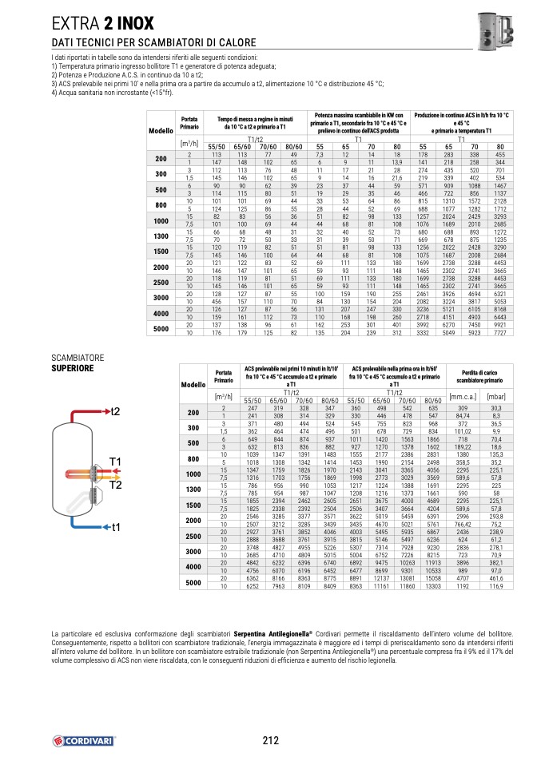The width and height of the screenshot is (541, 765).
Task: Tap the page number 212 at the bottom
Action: pyautogui.click(x=270, y=739)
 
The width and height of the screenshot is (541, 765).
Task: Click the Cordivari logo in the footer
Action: pyautogui.click(x=84, y=740)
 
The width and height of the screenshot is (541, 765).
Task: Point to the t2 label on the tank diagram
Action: pyautogui.click(x=115, y=410)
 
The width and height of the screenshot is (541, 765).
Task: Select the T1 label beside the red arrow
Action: pyautogui.click(x=115, y=462)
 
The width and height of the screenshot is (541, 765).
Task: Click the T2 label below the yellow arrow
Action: pyautogui.click(x=115, y=485)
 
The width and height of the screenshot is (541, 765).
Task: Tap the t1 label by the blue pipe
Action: pyautogui.click(x=115, y=528)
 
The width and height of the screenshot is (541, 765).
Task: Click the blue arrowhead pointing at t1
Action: pyautogui.click(x=105, y=528)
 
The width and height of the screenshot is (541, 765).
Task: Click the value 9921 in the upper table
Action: pyautogui.click(x=500, y=325)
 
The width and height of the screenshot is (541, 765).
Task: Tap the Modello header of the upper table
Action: pyautogui.click(x=161, y=130)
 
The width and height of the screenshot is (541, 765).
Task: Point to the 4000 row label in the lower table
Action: pyautogui.click(x=193, y=568)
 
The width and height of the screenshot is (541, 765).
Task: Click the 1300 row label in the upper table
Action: pyautogui.click(x=161, y=236)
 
